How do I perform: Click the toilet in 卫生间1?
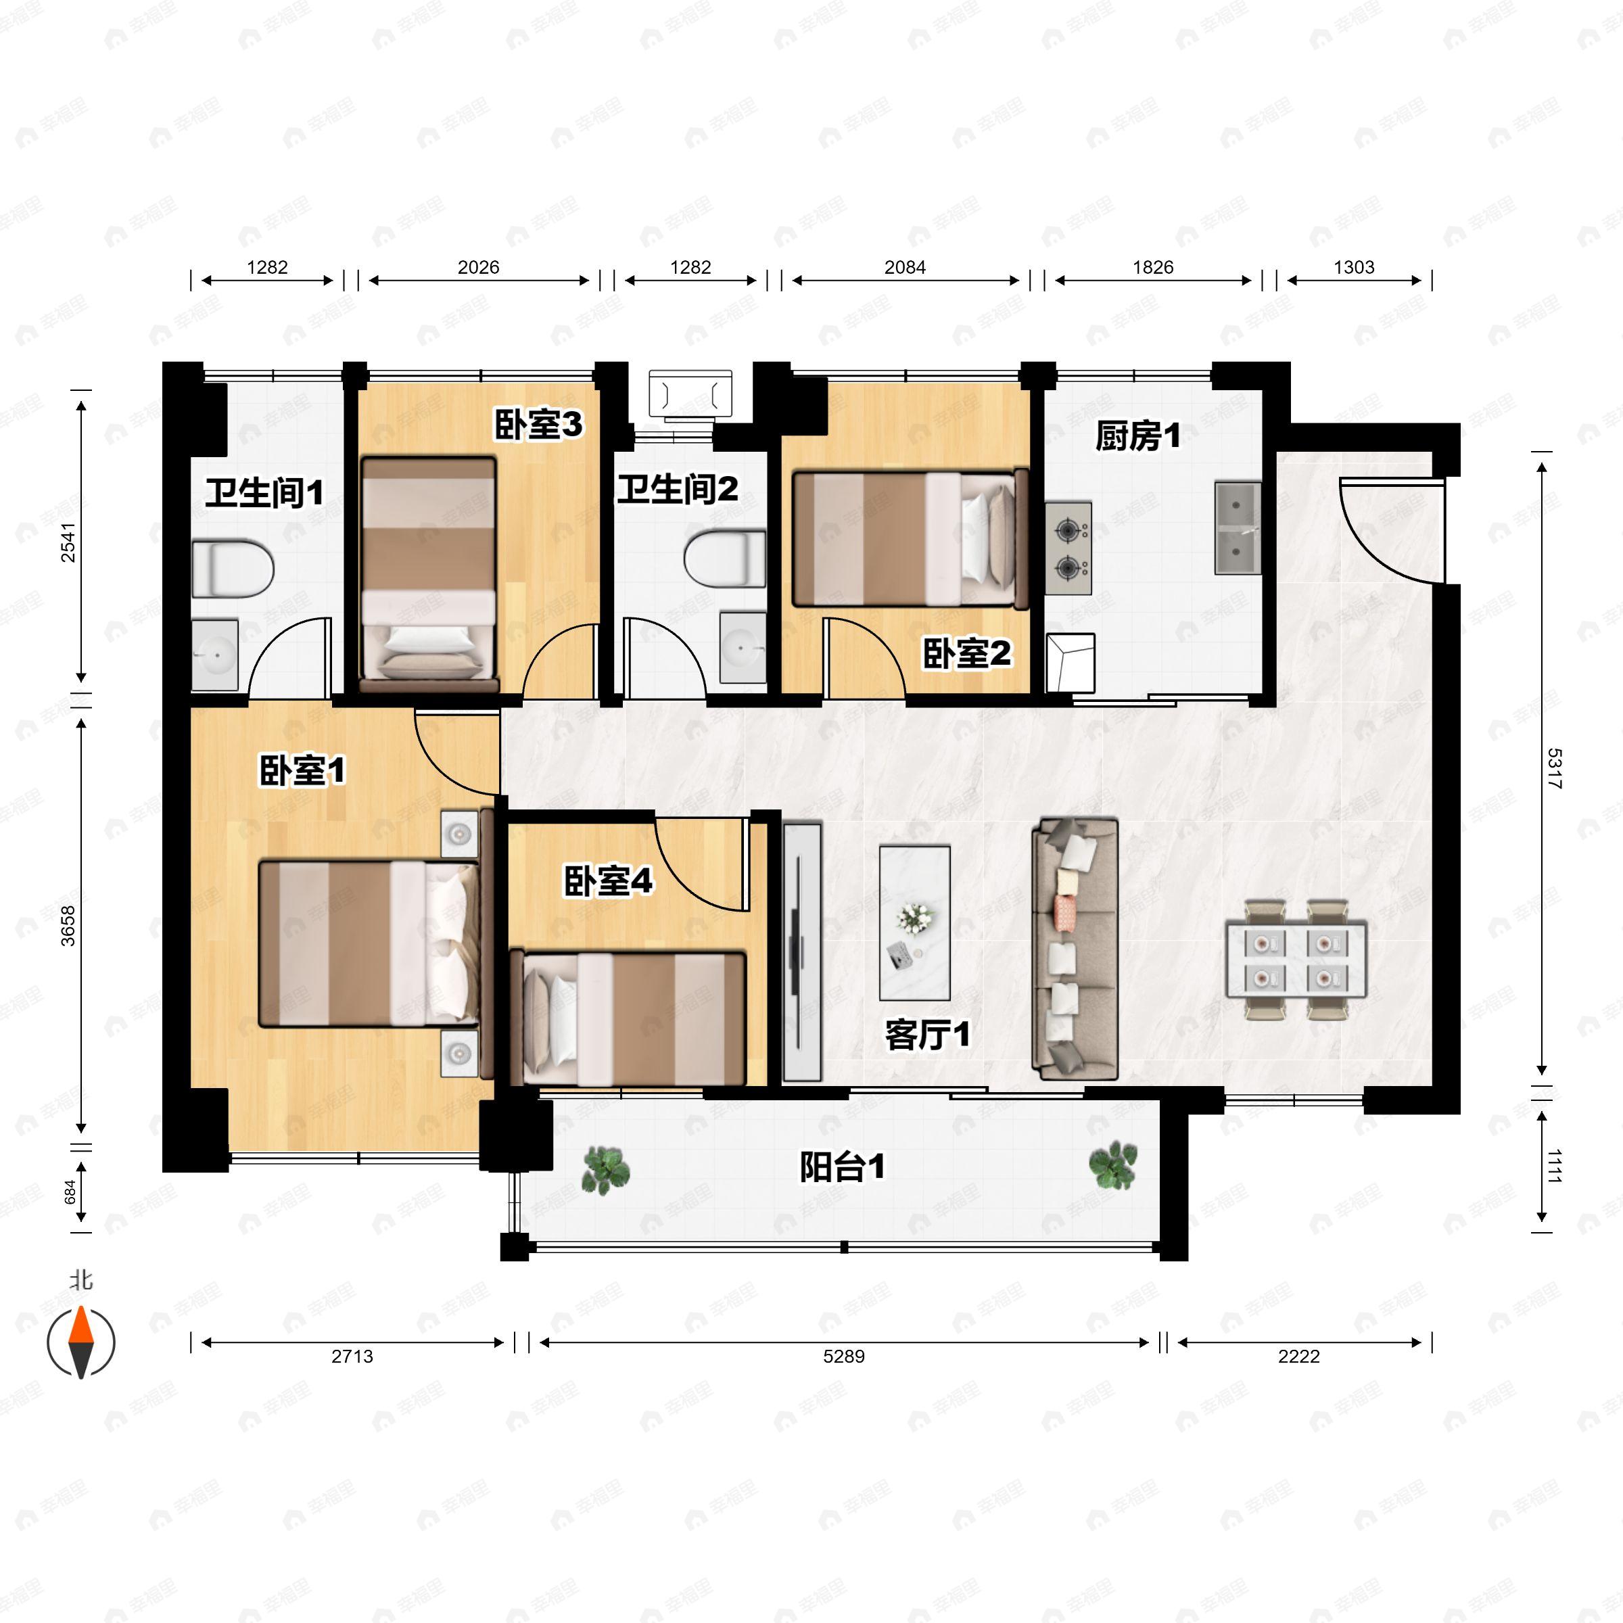click(233, 569)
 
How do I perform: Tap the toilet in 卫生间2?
click(725, 559)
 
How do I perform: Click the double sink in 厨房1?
click(1238, 528)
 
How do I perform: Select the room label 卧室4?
click(607, 881)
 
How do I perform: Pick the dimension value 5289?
click(843, 1357)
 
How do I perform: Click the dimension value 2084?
click(905, 267)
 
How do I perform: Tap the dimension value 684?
click(70, 1191)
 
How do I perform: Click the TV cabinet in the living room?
click(801, 951)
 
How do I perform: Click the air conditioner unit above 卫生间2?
click(690, 394)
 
